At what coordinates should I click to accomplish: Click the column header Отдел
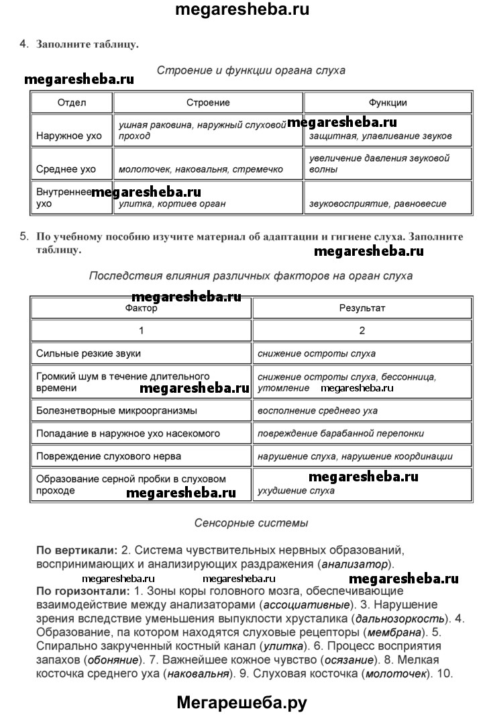[x=72, y=103]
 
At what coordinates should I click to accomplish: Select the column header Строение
[x=208, y=103]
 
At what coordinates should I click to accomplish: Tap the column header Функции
[x=388, y=103]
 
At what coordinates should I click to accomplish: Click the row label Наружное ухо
[x=69, y=136]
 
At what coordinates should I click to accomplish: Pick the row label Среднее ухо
[x=66, y=170]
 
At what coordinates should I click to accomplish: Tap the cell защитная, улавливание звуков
[x=380, y=136]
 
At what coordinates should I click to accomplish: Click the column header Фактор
[x=141, y=308]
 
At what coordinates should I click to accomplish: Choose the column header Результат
[x=362, y=308]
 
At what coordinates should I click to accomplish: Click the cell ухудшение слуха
[x=296, y=491]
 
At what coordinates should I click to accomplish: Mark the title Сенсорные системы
[x=251, y=522]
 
